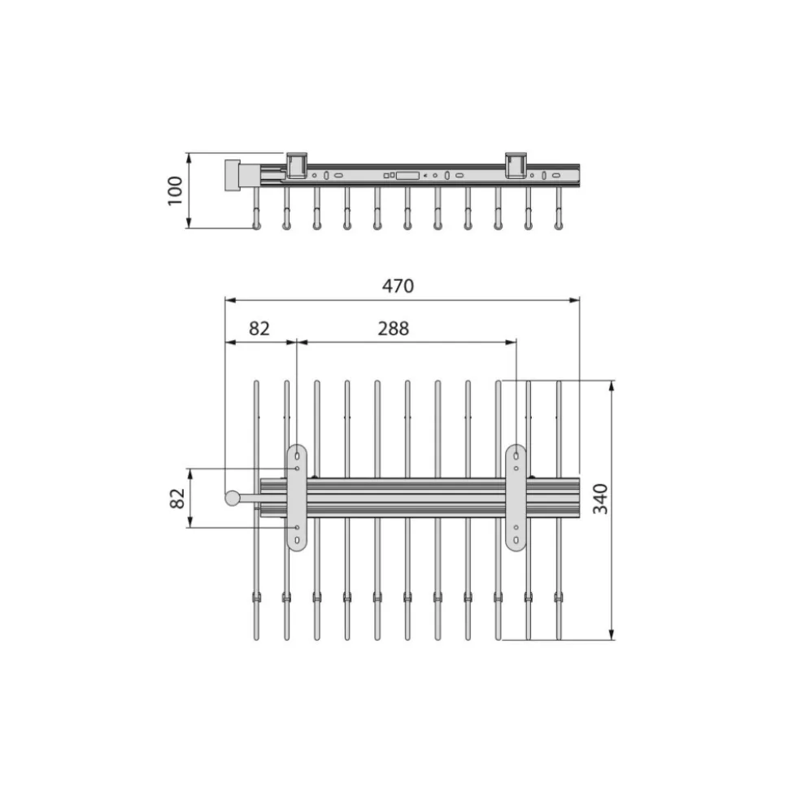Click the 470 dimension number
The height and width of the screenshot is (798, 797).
tap(398, 286)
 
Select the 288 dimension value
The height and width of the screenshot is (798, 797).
tap(394, 329)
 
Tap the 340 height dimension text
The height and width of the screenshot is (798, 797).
tap(600, 499)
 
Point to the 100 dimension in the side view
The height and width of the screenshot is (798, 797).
tap(175, 190)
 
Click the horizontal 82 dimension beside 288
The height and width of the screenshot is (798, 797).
tap(259, 329)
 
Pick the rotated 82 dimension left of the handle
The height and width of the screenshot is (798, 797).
tap(177, 498)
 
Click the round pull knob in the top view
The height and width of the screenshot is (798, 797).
tap(233, 498)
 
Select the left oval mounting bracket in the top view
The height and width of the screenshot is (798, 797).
tap(297, 498)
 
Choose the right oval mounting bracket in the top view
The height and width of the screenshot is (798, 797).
tap(516, 498)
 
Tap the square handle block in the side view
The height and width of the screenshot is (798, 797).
tap(233, 175)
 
